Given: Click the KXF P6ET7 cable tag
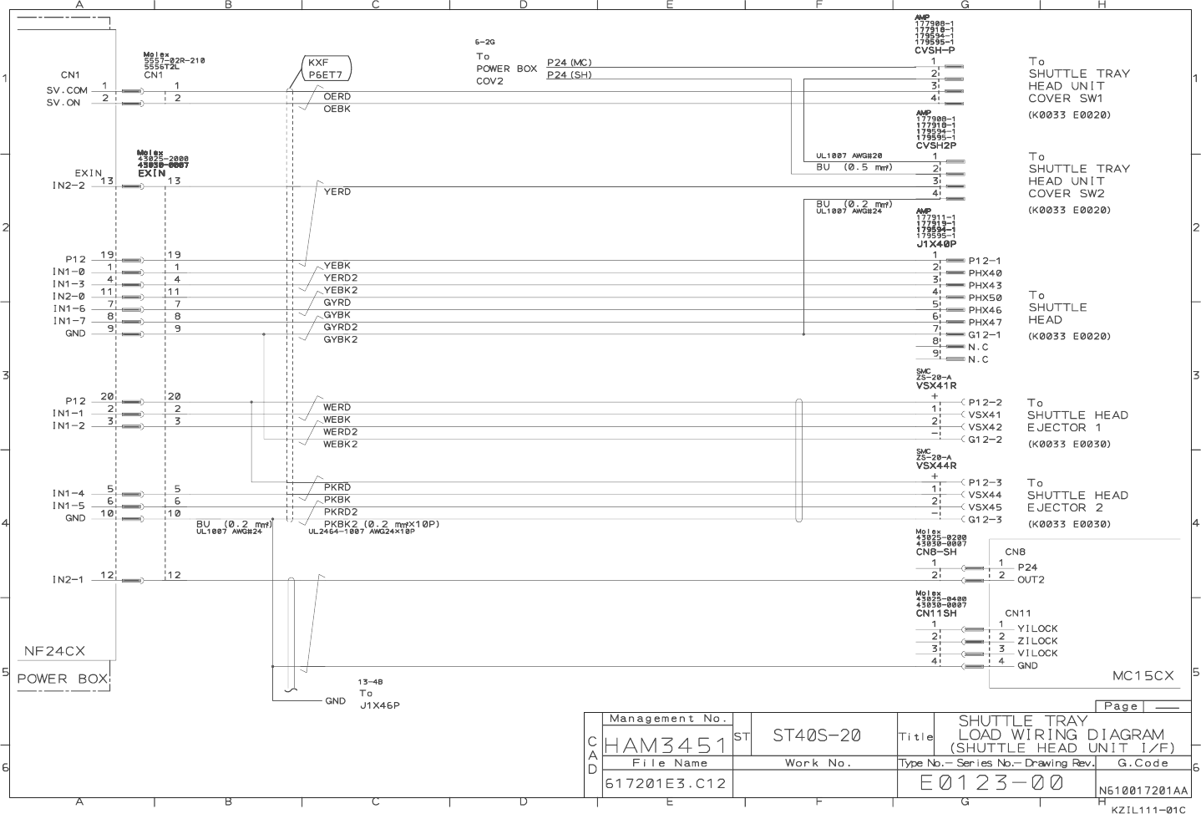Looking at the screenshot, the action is pyautogui.click(x=325, y=69).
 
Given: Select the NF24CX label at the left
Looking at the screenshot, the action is pyautogui.click(x=54, y=651).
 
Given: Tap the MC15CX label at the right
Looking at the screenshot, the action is pyautogui.click(x=1143, y=675).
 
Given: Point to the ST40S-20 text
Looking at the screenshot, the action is pyautogui.click(x=816, y=735).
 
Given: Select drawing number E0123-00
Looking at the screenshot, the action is pyautogui.click(x=992, y=782).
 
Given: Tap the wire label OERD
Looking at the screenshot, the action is pyautogui.click(x=337, y=97).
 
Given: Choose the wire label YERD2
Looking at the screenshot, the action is pyautogui.click(x=340, y=278).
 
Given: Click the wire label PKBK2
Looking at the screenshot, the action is pyautogui.click(x=341, y=524).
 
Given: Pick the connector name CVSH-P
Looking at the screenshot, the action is pyautogui.click(x=935, y=50).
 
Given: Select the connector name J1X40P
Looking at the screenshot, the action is pyautogui.click(x=935, y=244).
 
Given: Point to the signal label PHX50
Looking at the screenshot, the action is pyautogui.click(x=985, y=298).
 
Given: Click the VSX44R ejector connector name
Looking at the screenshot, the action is pyautogui.click(x=936, y=466).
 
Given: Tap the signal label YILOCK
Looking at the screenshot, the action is pyautogui.click(x=1037, y=628).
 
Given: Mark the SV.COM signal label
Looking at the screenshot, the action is pyautogui.click(x=67, y=90).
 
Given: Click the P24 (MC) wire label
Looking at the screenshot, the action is pyautogui.click(x=569, y=63).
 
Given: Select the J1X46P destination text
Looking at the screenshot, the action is pyautogui.click(x=379, y=705).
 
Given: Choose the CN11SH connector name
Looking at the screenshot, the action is pyautogui.click(x=936, y=613).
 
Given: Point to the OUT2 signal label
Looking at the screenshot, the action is pyautogui.click(x=1031, y=579).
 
